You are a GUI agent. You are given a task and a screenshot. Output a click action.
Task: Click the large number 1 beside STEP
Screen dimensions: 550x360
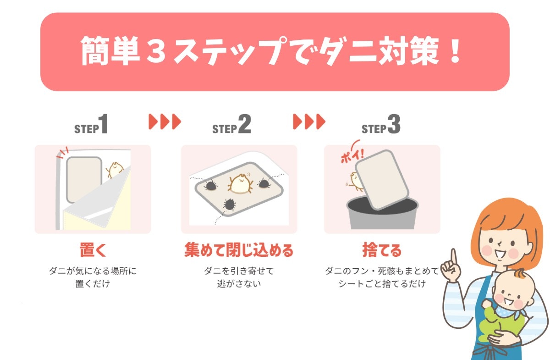tap(104, 124)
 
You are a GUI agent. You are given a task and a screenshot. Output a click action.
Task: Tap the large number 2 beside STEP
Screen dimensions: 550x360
tap(245, 124)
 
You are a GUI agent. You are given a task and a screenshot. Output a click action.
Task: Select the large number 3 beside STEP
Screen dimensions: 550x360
tap(394, 124)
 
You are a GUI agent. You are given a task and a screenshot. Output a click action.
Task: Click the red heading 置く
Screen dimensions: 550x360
tap(93, 250)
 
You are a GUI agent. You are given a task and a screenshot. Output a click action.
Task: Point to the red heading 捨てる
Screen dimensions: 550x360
tap(382, 250)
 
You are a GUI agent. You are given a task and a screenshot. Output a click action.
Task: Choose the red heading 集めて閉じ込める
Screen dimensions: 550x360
tap(239, 250)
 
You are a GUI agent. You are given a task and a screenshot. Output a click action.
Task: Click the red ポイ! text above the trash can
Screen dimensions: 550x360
tap(352, 156)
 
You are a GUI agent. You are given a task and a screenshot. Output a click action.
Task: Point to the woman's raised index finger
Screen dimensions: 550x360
tap(454, 258)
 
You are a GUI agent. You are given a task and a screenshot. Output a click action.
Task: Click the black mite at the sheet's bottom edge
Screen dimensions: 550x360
tap(230, 204)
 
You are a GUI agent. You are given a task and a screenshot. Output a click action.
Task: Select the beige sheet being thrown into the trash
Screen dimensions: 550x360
tap(381, 180)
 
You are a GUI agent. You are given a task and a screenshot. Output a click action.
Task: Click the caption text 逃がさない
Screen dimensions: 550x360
tap(239, 284)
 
